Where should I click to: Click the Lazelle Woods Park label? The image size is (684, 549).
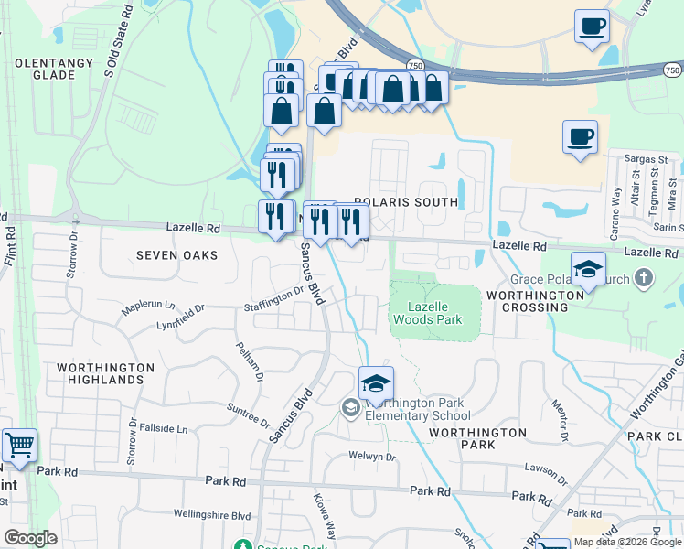427,313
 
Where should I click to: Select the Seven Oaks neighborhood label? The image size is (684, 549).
176,255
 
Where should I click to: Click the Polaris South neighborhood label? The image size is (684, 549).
406,201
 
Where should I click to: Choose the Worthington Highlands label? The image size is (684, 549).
105,373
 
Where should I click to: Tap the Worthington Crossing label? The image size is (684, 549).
535,301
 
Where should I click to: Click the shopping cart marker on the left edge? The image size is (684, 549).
19,446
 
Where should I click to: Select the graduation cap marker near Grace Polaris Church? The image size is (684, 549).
588,269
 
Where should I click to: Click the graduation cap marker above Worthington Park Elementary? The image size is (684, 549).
375,383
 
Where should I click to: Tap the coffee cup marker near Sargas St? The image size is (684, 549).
580,137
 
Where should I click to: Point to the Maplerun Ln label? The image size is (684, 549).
149,306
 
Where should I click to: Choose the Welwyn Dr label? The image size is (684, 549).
371,457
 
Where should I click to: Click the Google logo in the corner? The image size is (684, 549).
30,538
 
